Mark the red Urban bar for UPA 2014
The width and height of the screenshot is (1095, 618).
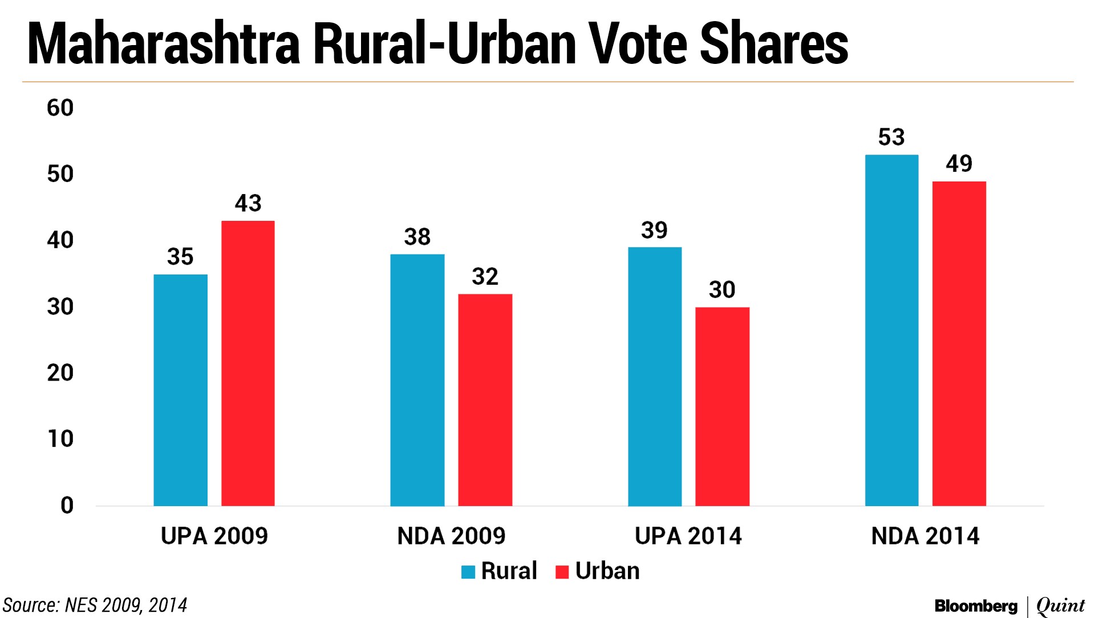[x=722, y=406]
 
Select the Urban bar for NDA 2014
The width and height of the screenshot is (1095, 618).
[x=959, y=344]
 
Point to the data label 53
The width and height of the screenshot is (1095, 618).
[x=891, y=138]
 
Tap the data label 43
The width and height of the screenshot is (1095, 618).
[x=248, y=203]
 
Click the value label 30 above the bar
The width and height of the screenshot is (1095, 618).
[x=722, y=290]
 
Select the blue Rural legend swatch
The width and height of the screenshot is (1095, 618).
[x=468, y=572]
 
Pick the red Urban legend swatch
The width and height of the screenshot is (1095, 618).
[x=562, y=572]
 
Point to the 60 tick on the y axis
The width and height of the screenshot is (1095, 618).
[x=60, y=108]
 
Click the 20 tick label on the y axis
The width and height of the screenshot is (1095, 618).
[x=60, y=373]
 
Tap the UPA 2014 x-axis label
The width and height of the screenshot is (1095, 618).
[x=688, y=536]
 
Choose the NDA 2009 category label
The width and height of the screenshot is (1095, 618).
[x=451, y=536]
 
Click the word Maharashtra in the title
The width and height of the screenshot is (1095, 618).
[x=164, y=45]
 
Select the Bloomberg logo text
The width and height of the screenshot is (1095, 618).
[x=976, y=606]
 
